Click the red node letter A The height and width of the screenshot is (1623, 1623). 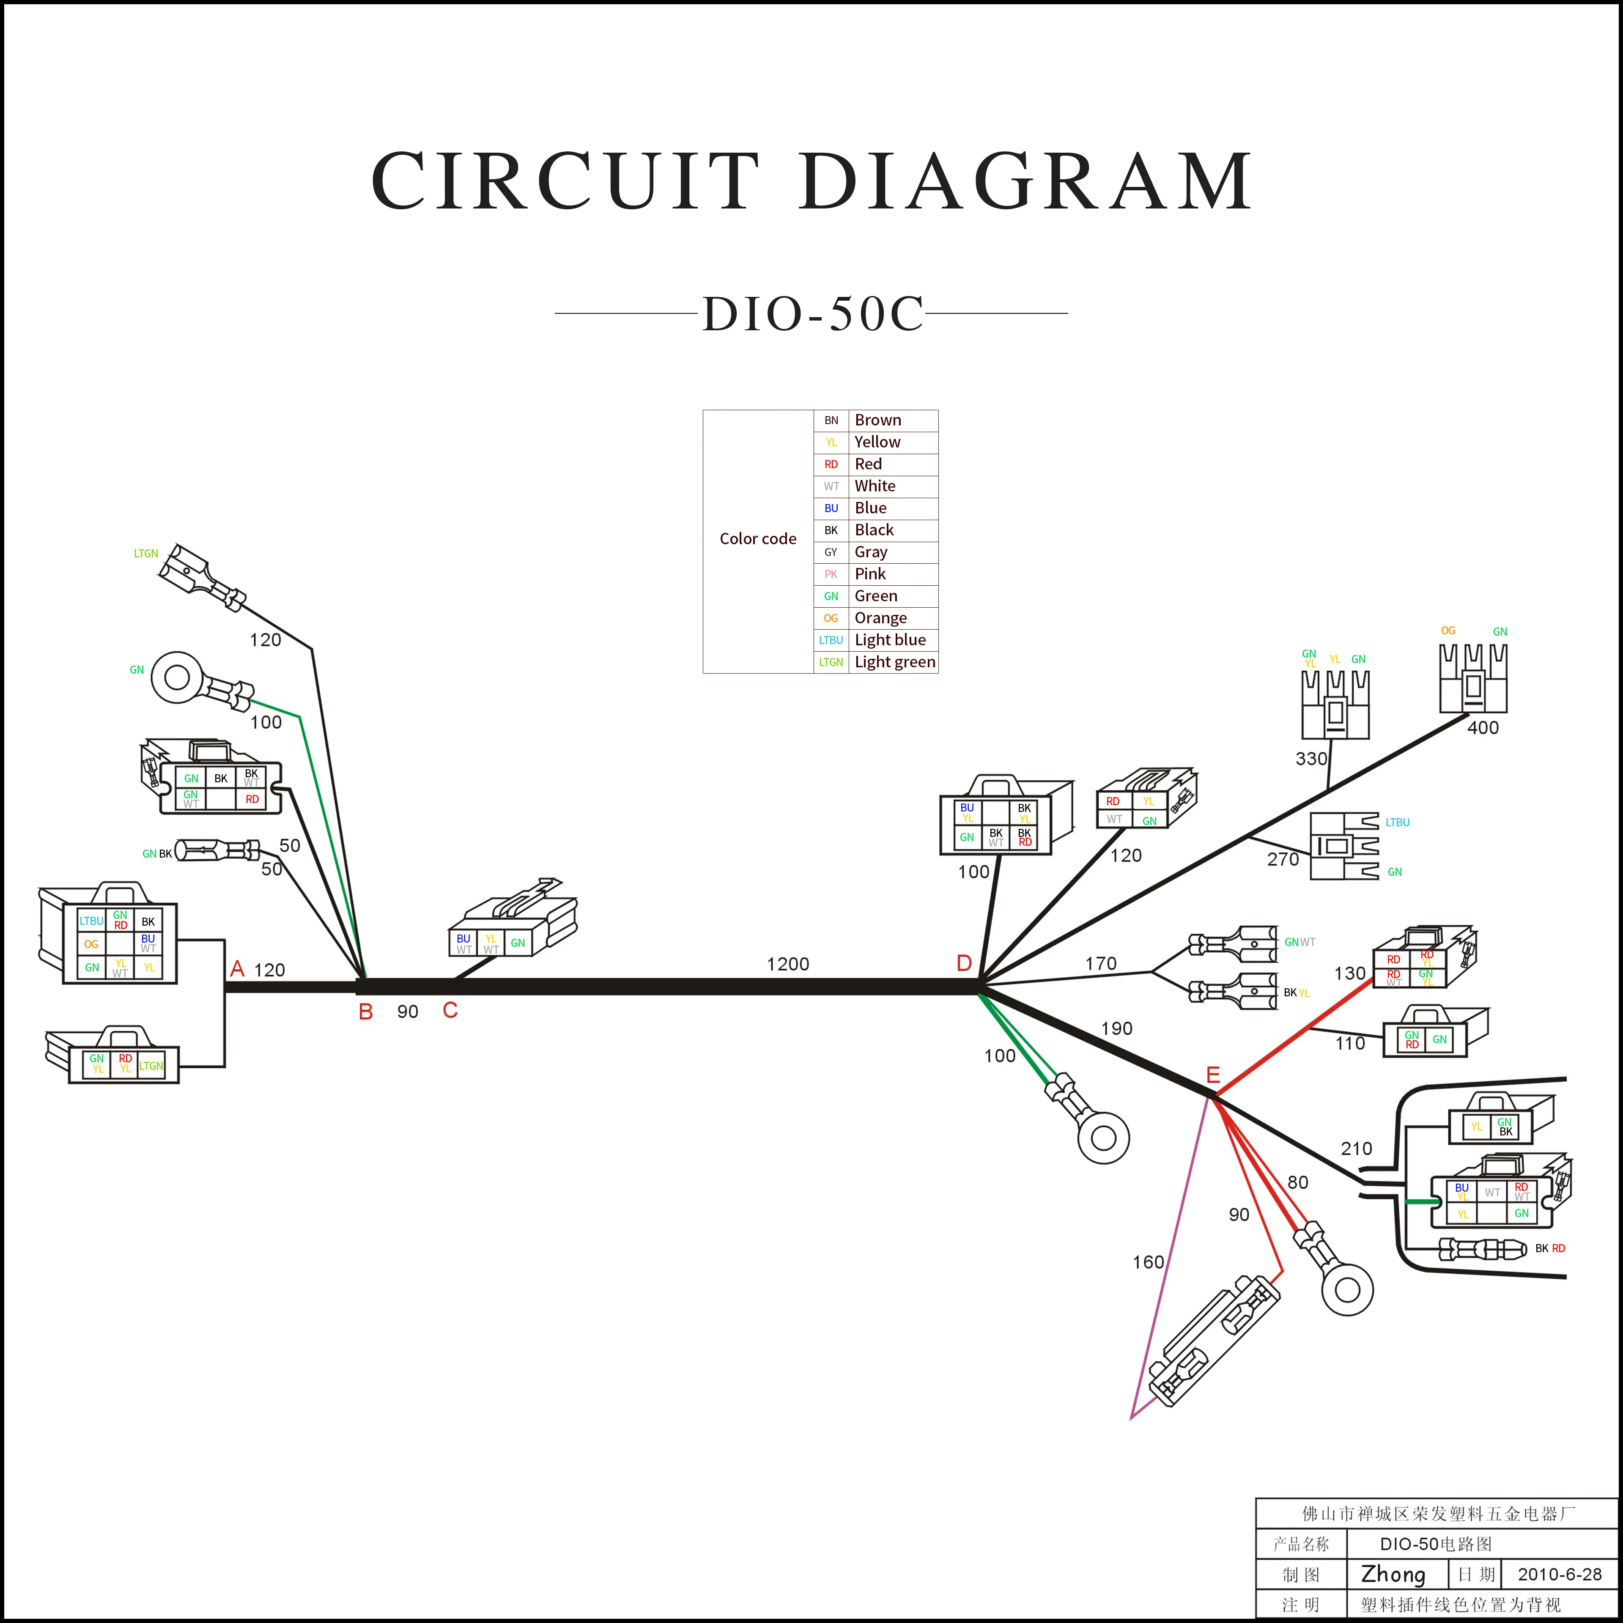tap(237, 969)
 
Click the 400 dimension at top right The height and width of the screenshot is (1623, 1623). tap(1483, 727)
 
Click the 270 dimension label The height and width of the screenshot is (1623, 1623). tap(1283, 858)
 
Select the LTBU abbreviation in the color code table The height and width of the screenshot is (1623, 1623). tap(831, 640)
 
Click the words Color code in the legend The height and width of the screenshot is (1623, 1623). tap(758, 538)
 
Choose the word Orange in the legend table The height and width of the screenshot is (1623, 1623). tap(880, 617)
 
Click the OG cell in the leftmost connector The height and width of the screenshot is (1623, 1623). tap(91, 944)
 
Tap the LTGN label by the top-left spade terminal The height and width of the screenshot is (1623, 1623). tap(146, 554)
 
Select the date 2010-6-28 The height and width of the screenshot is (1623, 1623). tap(1560, 1574)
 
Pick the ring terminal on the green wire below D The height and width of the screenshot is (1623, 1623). tap(1103, 1138)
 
